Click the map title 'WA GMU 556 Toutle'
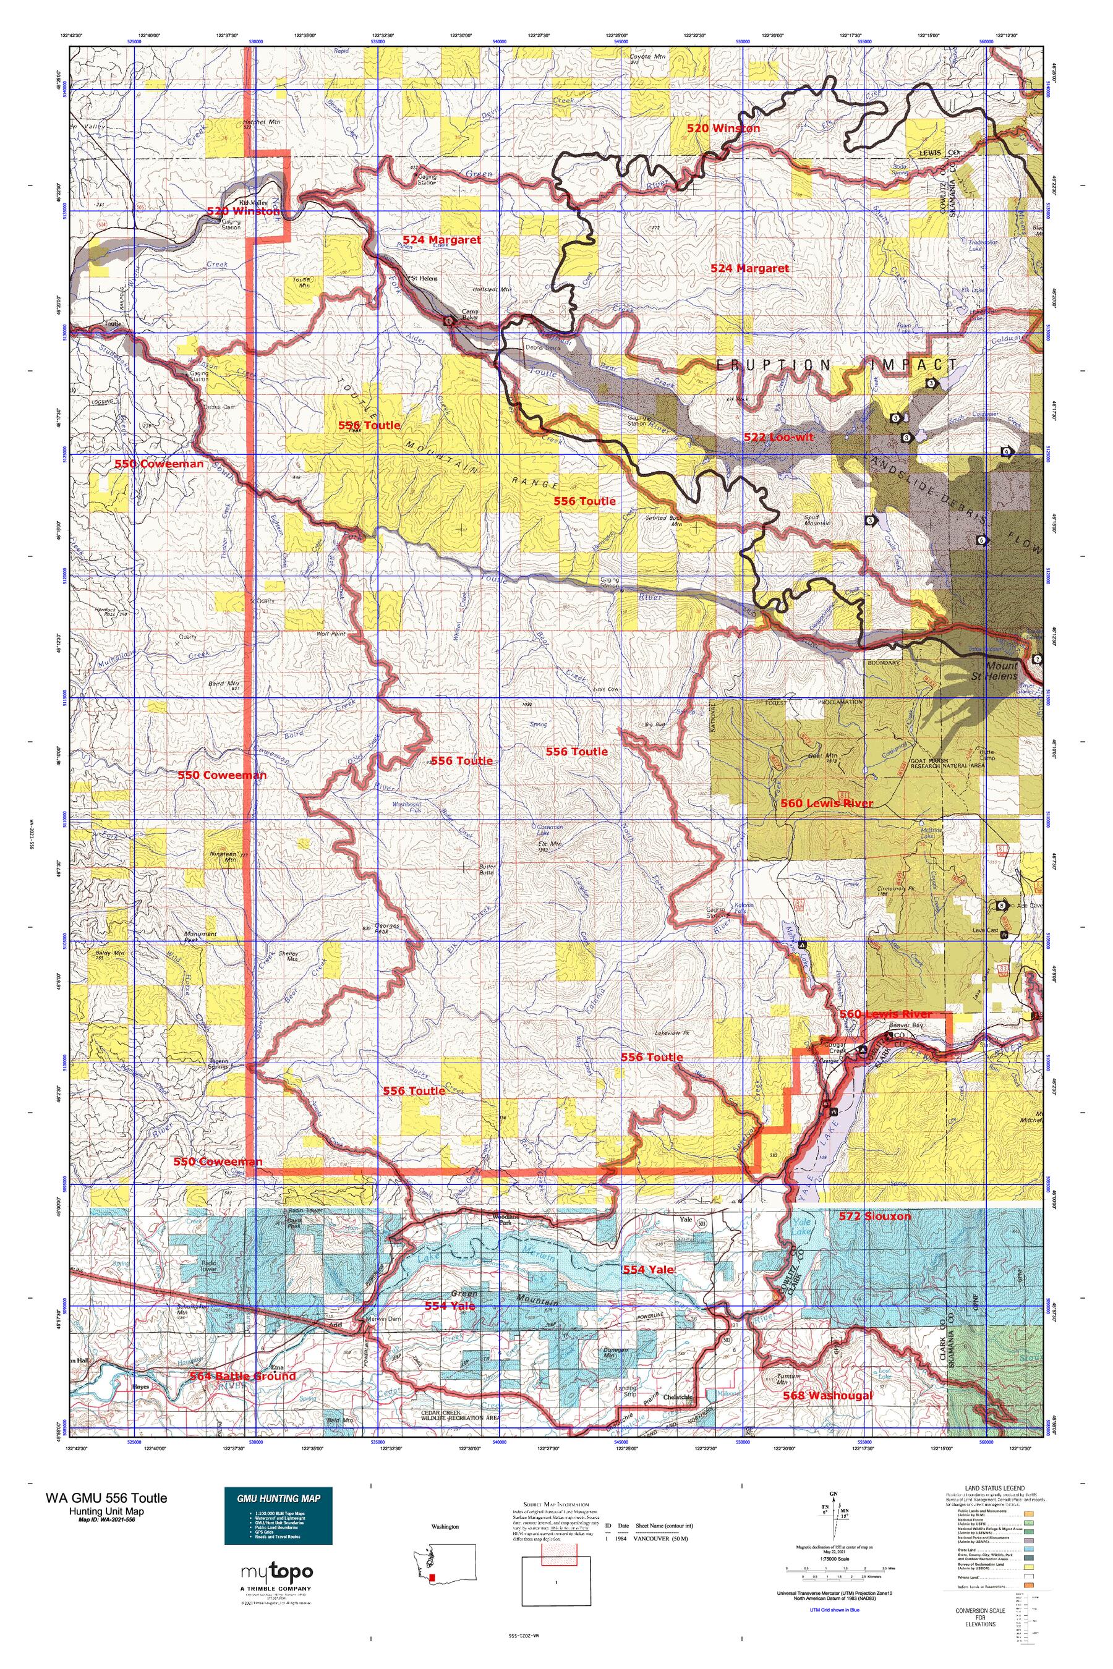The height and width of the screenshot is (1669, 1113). (x=106, y=1498)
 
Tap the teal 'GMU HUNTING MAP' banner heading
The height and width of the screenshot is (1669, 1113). (x=278, y=1498)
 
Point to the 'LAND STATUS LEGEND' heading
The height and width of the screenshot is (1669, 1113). (x=994, y=1488)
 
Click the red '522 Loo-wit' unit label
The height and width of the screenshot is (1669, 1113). (x=778, y=437)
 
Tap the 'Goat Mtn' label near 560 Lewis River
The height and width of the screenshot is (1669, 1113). (x=822, y=757)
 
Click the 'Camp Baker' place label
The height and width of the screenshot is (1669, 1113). (x=471, y=313)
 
